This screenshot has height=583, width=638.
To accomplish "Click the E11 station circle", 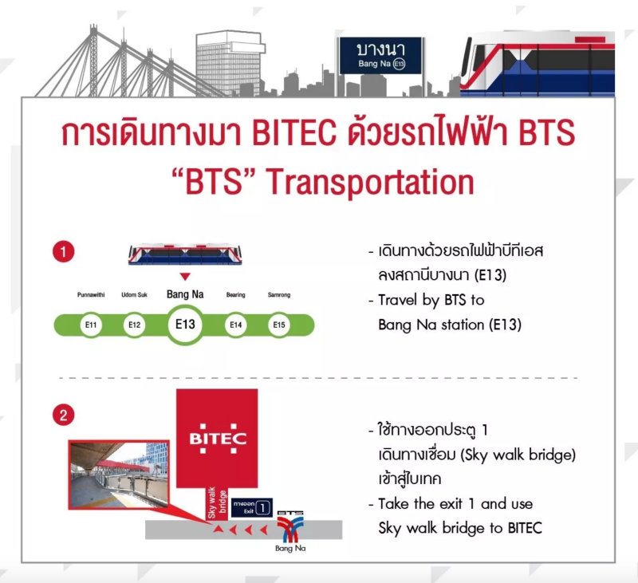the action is tap(91, 325).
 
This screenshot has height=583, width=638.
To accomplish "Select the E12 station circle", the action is tap(134, 325).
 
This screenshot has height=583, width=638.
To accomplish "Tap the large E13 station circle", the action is tap(185, 325).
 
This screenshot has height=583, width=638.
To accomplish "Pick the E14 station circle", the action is tap(236, 325).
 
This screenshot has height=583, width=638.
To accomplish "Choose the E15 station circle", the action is tap(279, 325).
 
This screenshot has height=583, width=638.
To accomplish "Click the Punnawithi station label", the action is tap(91, 294).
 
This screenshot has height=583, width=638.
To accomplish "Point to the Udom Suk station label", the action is tap(134, 294).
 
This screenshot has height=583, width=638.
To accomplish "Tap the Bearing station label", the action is tap(236, 294).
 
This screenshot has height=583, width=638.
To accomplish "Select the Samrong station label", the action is tap(279, 294).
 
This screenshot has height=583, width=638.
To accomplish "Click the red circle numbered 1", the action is tap(64, 252).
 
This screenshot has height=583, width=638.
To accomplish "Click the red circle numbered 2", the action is tap(64, 415).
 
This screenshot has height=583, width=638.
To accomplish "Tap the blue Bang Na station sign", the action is tap(380, 55).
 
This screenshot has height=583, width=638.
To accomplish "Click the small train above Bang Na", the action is tap(185, 254).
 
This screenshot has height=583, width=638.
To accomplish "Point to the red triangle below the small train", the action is tap(185, 277).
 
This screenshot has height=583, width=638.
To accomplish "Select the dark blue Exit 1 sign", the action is tap(252, 507).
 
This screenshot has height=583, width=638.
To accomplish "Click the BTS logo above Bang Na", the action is tap(290, 526).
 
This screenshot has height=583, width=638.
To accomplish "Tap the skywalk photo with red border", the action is tap(119, 475).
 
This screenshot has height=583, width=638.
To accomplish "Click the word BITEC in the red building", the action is tap(218, 439).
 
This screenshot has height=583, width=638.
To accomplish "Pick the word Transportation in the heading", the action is tap(370, 183).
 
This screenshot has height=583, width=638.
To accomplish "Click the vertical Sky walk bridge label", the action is tap(217, 503).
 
